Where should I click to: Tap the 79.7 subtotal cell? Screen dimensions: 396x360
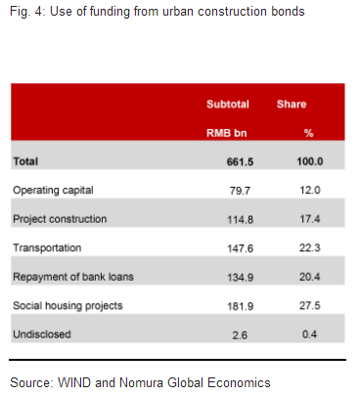227,189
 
